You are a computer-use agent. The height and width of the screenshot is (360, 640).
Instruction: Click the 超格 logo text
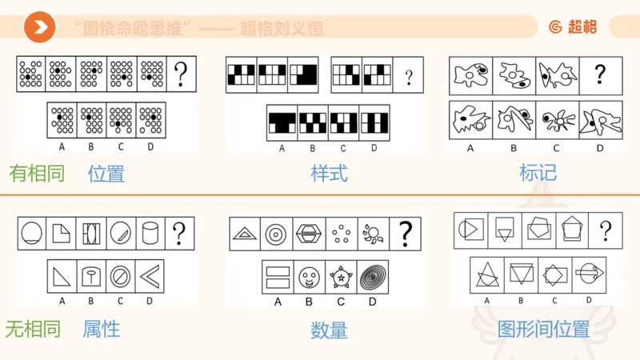pyautogui.click(x=573, y=27)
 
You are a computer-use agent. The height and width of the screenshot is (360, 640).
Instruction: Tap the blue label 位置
pyautogui.click(x=106, y=173)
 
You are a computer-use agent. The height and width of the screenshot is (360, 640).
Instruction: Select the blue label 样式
pyautogui.click(x=329, y=173)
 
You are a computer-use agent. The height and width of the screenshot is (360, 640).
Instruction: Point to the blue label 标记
pyautogui.click(x=538, y=173)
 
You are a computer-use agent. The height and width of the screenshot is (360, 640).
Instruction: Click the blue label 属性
pyautogui.click(x=102, y=328)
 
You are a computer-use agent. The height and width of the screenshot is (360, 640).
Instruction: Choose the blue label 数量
pyautogui.click(x=329, y=330)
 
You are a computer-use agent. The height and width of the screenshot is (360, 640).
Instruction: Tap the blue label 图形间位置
pyautogui.click(x=543, y=329)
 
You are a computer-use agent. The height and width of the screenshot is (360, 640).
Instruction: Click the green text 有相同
pyautogui.click(x=37, y=173)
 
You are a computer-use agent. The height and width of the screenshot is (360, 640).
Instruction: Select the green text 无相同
pyautogui.click(x=33, y=329)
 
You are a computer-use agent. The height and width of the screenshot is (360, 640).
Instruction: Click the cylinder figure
pyautogui.click(x=150, y=233)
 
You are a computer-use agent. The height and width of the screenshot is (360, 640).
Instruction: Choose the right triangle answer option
pyautogui.click(x=62, y=278)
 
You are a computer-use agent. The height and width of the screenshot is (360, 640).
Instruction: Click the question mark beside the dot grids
pyautogui.click(x=182, y=74)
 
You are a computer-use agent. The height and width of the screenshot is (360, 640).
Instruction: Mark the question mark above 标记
pyautogui.click(x=600, y=74)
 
